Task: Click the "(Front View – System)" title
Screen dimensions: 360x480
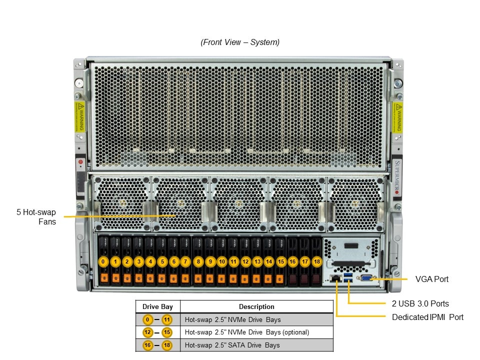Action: (x=240, y=42)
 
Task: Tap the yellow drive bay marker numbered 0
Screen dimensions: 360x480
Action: (x=103, y=261)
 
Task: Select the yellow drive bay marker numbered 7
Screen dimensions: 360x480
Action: (x=186, y=261)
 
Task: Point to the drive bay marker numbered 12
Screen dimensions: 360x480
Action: (x=245, y=261)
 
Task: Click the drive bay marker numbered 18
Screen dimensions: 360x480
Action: (x=316, y=261)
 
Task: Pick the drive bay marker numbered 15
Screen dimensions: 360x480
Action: (x=281, y=261)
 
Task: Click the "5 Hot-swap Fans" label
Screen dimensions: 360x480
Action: (x=36, y=216)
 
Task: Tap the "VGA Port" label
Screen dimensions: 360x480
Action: (x=432, y=279)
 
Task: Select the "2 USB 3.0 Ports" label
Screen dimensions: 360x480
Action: (x=420, y=303)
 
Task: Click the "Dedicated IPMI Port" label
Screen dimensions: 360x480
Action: (x=427, y=317)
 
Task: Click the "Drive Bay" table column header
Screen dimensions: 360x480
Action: (x=157, y=306)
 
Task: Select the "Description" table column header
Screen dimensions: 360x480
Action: (x=256, y=306)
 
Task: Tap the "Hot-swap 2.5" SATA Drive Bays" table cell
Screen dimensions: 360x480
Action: (x=232, y=345)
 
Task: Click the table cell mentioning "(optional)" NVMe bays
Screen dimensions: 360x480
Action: (x=246, y=332)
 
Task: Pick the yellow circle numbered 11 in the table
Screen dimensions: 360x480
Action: (x=166, y=319)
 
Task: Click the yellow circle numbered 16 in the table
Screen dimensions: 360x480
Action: (x=148, y=345)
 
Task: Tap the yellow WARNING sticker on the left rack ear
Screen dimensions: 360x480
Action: (x=79, y=117)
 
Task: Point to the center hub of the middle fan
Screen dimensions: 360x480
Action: (x=238, y=204)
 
